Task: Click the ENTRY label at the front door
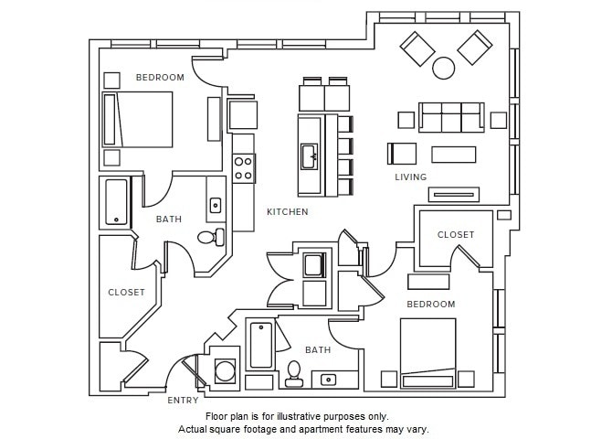point(183,401)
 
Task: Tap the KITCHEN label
point(287,212)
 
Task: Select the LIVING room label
point(411,177)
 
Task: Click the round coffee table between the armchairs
point(443,68)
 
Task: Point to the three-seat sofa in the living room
point(451,117)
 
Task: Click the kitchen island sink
point(309,156)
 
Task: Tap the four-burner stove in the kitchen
point(244,168)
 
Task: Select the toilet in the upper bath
point(211,237)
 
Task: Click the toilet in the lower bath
point(293,374)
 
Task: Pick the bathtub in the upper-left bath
point(116,202)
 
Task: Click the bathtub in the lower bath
point(261,345)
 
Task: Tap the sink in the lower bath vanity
point(328,380)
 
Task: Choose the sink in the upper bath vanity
point(216,205)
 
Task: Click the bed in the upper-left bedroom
point(137,120)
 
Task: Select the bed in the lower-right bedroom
point(428,353)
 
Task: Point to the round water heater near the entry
point(226,370)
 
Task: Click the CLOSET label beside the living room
point(456,234)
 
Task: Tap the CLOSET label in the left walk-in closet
point(126,292)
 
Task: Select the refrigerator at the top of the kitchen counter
point(243,114)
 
